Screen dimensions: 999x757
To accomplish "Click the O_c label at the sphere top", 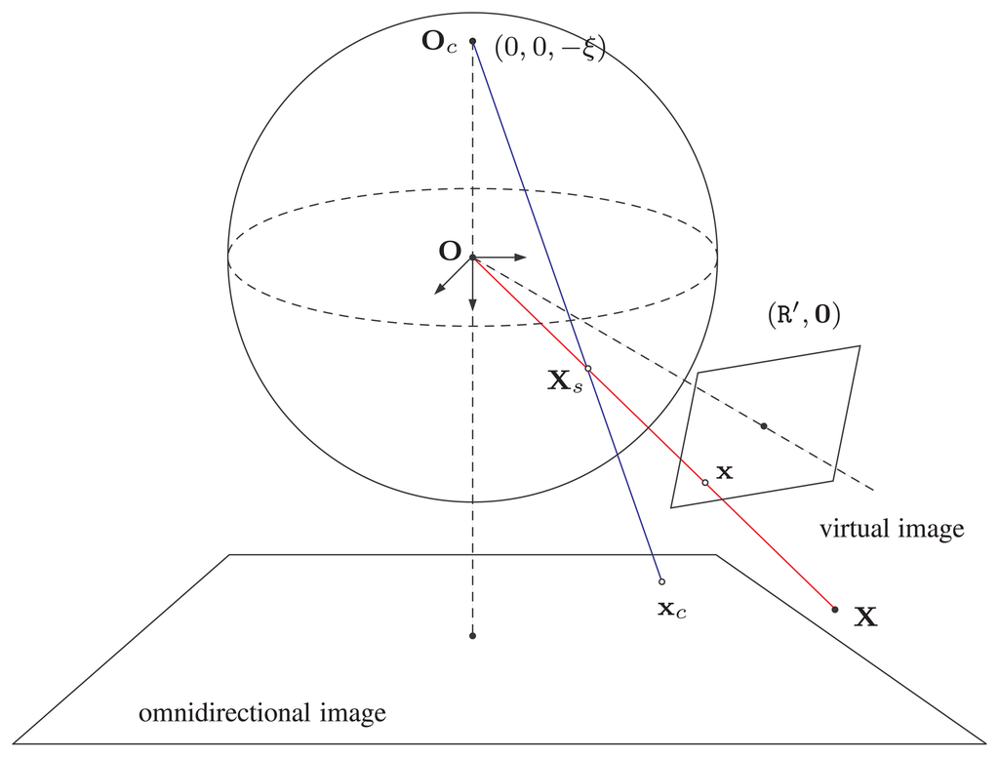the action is tap(439, 46).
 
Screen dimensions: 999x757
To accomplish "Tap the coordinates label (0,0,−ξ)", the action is tap(549, 48).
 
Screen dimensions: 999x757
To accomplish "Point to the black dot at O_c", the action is tap(473, 41).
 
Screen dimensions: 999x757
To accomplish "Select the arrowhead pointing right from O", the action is tap(521, 258).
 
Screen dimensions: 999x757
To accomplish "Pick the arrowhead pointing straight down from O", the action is tap(472, 305).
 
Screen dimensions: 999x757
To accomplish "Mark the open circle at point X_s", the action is tap(587, 369).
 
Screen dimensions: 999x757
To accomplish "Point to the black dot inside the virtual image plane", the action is tap(764, 425).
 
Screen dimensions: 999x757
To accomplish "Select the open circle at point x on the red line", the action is tap(705, 482).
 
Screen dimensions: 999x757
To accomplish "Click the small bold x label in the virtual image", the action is tap(724, 472).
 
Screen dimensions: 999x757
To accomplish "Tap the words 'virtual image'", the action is tap(891, 530).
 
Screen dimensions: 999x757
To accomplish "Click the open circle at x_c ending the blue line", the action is tap(661, 582).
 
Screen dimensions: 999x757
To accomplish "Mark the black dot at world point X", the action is tap(834, 610).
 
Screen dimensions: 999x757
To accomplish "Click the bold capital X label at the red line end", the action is tap(864, 617).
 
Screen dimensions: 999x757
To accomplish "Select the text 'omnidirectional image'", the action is tap(262, 713).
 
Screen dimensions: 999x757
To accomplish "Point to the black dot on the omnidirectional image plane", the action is tap(472, 636).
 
